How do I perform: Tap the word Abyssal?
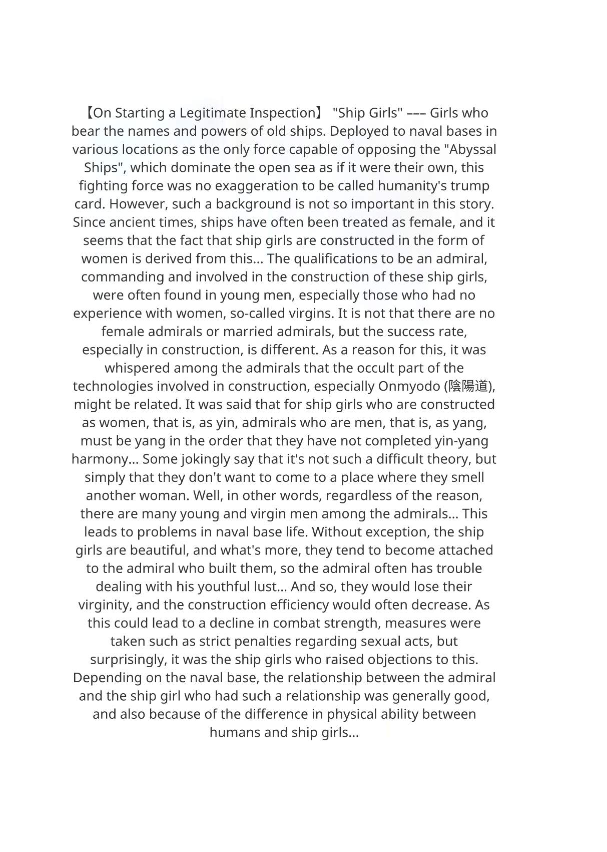[470, 149]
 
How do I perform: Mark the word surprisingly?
[128, 660]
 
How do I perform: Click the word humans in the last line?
[235, 732]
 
